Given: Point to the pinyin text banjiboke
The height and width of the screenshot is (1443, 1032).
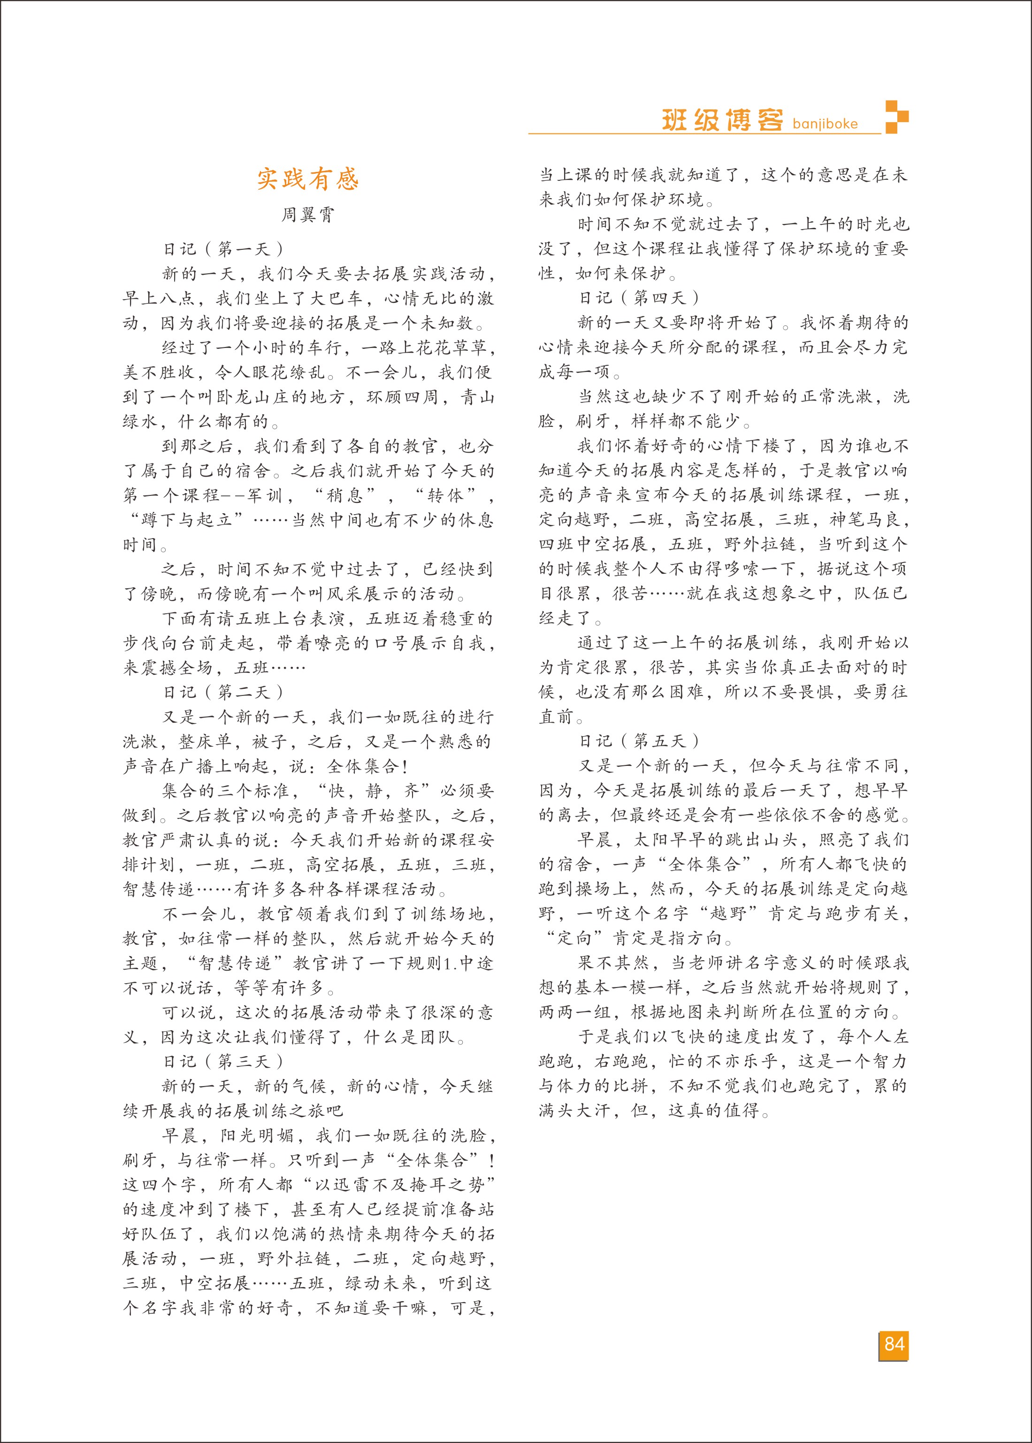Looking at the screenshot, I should [825, 124].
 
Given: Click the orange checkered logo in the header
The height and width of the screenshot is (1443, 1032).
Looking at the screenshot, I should [897, 117].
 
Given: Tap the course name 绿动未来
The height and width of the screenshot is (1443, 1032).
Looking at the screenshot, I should [381, 1283].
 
